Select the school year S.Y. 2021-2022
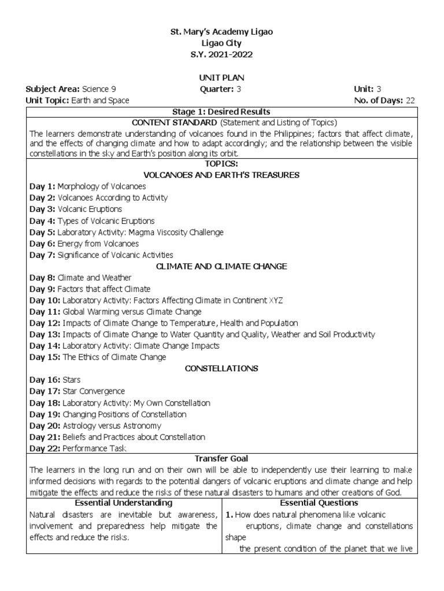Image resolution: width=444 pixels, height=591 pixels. [x=221, y=55]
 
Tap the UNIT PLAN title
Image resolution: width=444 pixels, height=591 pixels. [x=221, y=77]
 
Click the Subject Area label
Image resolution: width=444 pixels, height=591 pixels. [x=53, y=89]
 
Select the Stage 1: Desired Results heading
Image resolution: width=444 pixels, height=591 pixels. [x=221, y=111]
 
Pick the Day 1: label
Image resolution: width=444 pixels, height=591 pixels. [x=42, y=186]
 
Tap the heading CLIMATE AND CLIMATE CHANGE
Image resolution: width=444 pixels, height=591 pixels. [x=221, y=266]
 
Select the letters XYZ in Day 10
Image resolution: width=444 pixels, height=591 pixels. [x=276, y=300]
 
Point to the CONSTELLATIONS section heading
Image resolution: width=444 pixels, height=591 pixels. [x=221, y=368]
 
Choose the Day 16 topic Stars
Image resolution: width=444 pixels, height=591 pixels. [x=71, y=380]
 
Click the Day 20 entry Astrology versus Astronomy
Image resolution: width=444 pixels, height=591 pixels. [x=117, y=425]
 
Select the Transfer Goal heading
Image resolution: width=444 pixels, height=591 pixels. [x=221, y=458]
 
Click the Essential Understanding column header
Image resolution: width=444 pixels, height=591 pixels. [x=123, y=503]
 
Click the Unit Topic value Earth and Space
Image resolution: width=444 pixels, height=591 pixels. [x=100, y=100]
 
